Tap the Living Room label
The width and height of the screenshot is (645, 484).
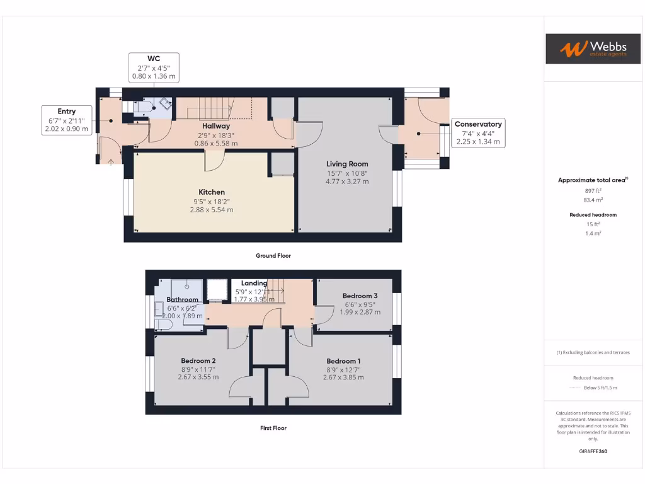pyautogui.click(x=347, y=164)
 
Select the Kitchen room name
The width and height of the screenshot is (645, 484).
pyautogui.click(x=212, y=192)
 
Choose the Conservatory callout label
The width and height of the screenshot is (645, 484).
pyautogui.click(x=478, y=133)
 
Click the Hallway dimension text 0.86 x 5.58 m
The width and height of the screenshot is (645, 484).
pyautogui.click(x=216, y=144)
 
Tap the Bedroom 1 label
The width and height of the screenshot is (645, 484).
pyautogui.click(x=343, y=361)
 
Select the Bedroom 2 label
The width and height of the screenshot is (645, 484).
pyautogui.click(x=198, y=361)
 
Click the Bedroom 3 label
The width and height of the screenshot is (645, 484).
pyautogui.click(x=360, y=296)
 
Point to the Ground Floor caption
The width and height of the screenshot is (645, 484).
pyautogui.click(x=273, y=256)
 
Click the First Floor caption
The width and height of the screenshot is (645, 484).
pyautogui.click(x=273, y=428)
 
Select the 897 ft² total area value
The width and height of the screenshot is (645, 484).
pyautogui.click(x=593, y=190)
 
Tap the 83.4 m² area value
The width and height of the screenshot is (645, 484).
pyautogui.click(x=593, y=199)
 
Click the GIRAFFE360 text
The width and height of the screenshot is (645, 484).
pyautogui.click(x=593, y=451)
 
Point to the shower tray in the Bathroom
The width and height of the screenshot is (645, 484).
pyautogui.click(x=187, y=288)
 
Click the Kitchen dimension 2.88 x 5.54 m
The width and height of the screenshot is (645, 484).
pyautogui.click(x=212, y=210)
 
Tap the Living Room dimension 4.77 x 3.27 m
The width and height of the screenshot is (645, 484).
pyautogui.click(x=347, y=181)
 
